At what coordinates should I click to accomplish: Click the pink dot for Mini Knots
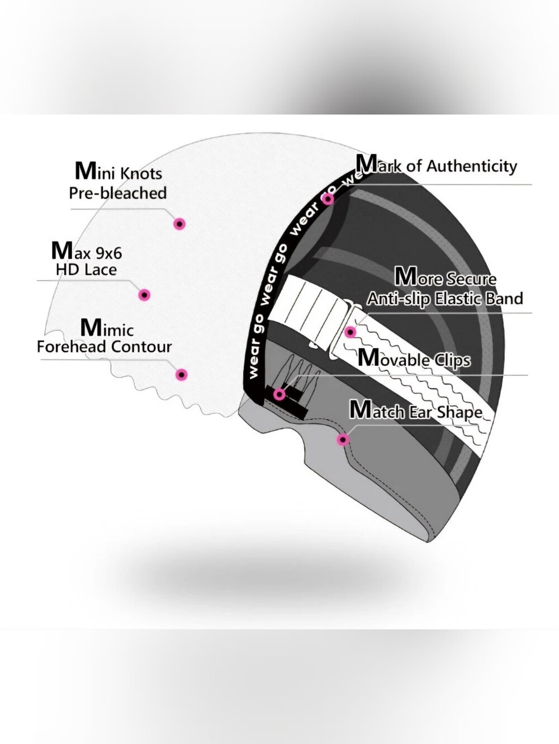coord(179,224)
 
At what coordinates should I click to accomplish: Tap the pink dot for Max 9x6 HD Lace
coord(145,295)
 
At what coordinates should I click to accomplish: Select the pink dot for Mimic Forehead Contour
coord(182,375)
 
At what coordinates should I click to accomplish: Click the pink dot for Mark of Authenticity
coord(328,199)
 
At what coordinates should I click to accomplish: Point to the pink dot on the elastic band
coord(350,332)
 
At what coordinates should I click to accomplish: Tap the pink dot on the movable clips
coord(279,394)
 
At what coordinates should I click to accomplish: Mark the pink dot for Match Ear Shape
coord(343,440)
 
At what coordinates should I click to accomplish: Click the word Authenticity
coord(472,167)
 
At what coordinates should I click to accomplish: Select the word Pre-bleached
coord(118,193)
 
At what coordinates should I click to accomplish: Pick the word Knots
coord(141,173)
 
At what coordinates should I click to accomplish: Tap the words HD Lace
coord(86,270)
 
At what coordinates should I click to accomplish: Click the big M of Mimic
coord(91,327)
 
